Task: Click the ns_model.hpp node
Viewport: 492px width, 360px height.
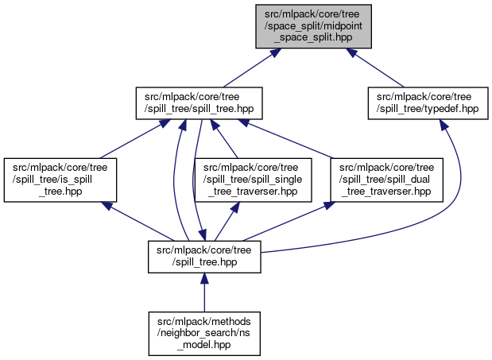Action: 204,331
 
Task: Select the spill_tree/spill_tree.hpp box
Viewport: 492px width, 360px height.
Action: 200,102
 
